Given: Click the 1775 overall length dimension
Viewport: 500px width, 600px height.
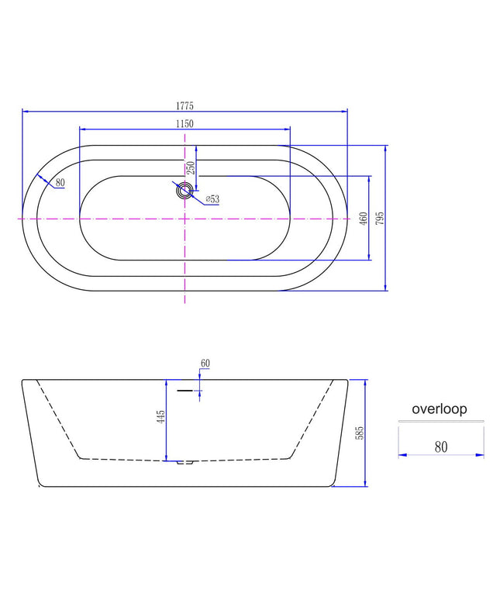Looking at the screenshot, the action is point(184,105).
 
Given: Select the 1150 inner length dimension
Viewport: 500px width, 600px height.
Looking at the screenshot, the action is point(184,124).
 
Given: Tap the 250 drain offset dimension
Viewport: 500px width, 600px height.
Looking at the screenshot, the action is point(191,167).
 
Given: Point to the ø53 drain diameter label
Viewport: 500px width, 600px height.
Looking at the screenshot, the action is point(212,199).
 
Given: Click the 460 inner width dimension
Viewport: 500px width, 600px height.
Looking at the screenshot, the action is point(364,219).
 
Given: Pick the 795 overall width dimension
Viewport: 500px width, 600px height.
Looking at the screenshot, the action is point(380,218).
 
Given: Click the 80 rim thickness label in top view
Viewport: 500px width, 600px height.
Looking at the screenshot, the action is point(60,182).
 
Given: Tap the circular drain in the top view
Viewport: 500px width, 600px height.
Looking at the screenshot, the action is point(184,190).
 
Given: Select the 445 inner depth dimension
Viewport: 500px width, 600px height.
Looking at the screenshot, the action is point(161,417).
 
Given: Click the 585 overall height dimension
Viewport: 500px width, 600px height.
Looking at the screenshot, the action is point(360,433).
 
